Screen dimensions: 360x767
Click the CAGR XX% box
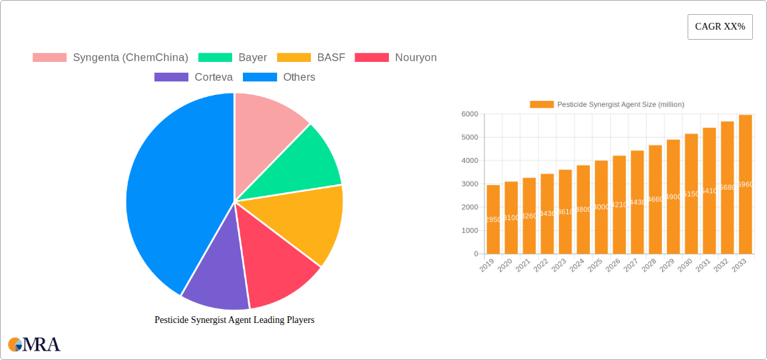coord(719,27)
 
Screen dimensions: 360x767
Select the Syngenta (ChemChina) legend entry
coord(110,58)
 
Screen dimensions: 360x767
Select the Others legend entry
coord(279,77)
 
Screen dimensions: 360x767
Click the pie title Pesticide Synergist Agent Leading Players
coord(234,320)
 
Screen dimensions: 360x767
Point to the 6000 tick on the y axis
coord(469,114)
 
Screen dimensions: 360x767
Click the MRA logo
coord(34,345)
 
